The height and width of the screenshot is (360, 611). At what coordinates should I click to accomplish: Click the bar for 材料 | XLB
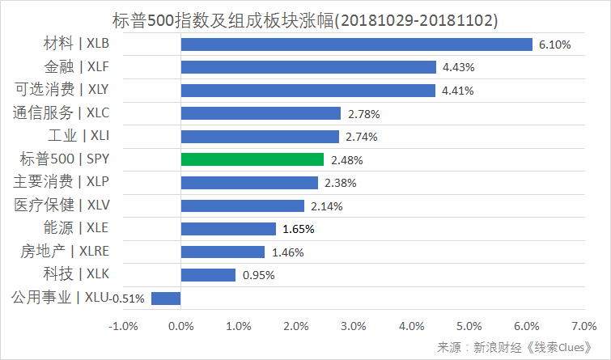[x=356, y=44]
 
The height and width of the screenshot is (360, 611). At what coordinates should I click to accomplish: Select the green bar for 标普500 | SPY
[x=252, y=160]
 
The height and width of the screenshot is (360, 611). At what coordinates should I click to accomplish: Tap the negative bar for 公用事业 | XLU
[x=166, y=298]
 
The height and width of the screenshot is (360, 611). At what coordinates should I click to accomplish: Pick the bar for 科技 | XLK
[x=208, y=275]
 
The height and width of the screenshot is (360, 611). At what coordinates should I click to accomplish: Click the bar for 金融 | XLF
[x=308, y=67]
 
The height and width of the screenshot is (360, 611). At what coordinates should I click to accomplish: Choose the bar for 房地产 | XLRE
[x=223, y=252]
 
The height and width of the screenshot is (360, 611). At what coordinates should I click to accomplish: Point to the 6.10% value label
[x=554, y=45]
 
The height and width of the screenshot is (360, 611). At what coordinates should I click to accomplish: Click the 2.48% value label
[x=346, y=160]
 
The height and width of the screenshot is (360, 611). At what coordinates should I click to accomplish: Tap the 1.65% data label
[x=299, y=229]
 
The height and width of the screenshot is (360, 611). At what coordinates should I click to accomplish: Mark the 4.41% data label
[x=459, y=91]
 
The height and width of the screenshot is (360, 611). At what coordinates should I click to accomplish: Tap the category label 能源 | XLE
[x=75, y=228]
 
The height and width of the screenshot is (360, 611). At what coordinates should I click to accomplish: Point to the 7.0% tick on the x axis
[x=583, y=326]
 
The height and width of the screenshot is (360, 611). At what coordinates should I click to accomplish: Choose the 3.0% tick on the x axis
[x=354, y=326]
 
